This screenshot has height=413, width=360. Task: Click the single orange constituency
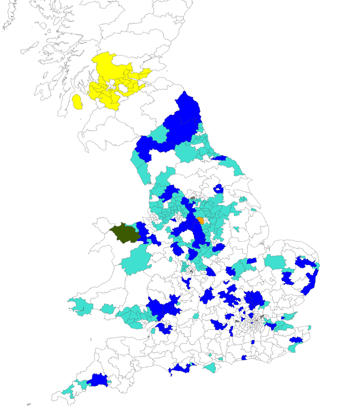click(201, 221)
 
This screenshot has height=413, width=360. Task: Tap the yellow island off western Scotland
click(77, 102)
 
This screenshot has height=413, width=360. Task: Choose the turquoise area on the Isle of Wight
click(210, 367)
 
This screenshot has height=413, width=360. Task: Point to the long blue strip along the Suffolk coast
click(312, 281)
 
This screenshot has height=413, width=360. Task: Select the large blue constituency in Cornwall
click(97, 380)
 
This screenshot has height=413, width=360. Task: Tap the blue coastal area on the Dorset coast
click(181, 368)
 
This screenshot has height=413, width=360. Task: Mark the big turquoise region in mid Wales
click(136, 260)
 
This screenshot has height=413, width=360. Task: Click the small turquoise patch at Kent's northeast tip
click(310, 327)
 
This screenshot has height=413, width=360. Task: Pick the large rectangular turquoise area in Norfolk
click(275, 262)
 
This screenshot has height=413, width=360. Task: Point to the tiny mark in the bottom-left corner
click(29, 404)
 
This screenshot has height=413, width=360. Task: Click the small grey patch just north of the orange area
click(192, 198)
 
